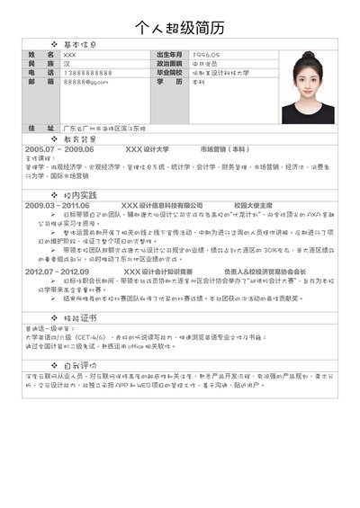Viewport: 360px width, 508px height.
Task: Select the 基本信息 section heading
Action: point(84,43)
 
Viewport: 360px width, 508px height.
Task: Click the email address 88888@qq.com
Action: point(85,82)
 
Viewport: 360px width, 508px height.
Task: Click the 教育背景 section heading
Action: point(84,139)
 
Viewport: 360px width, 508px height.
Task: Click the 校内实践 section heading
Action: point(84,195)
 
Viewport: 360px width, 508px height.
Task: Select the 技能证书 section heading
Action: point(84,319)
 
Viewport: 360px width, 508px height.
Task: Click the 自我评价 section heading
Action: point(84,365)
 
